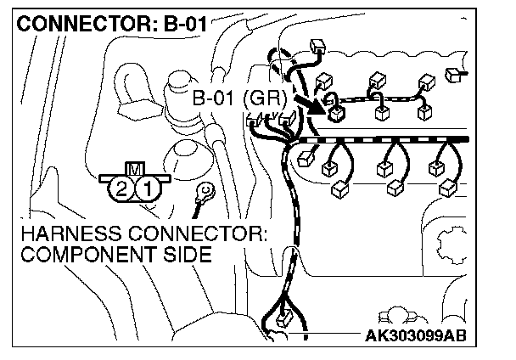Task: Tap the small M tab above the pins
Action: (133, 168)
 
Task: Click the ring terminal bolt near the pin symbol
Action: (204, 192)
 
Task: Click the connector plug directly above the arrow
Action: (322, 82)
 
